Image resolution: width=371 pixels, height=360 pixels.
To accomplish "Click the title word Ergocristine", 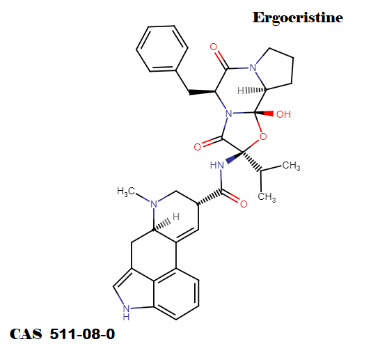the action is click(x=298, y=18).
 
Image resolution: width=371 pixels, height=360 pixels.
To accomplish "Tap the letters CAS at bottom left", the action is click(x=26, y=334).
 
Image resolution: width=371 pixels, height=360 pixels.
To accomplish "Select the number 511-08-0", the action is click(x=82, y=334).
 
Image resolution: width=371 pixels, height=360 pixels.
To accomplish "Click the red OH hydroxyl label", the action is click(x=283, y=115).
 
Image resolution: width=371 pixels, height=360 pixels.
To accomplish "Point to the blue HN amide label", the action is click(x=217, y=165).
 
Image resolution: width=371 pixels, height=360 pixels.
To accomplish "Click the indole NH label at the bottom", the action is click(x=127, y=313).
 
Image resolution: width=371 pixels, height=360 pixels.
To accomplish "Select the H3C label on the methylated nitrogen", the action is click(x=126, y=191).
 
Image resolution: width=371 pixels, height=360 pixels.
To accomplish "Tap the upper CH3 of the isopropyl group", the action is click(x=291, y=166).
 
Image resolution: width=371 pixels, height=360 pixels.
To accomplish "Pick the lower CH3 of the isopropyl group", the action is click(x=267, y=197).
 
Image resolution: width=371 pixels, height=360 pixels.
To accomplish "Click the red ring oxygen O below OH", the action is click(x=263, y=136).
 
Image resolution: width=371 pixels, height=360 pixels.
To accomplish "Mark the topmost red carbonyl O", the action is click(x=214, y=47).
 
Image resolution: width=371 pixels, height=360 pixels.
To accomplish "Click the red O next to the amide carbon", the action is click(x=244, y=204).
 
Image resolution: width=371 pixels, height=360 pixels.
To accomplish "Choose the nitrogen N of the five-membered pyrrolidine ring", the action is click(x=253, y=68).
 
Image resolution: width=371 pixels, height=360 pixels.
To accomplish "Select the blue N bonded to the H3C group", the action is click(x=154, y=204).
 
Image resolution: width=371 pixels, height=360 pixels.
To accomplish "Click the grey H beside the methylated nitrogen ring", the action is click(x=176, y=217).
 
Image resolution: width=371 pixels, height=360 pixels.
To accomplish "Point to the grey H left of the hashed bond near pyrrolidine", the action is click(x=241, y=91).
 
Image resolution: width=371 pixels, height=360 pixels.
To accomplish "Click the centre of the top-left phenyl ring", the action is click(x=162, y=49).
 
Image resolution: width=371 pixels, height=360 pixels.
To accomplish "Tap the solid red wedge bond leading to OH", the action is click(x=264, y=114).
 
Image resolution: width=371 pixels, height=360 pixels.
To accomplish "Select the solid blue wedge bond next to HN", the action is click(x=235, y=157).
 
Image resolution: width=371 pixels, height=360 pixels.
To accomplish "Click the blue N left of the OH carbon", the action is click(x=229, y=114).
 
